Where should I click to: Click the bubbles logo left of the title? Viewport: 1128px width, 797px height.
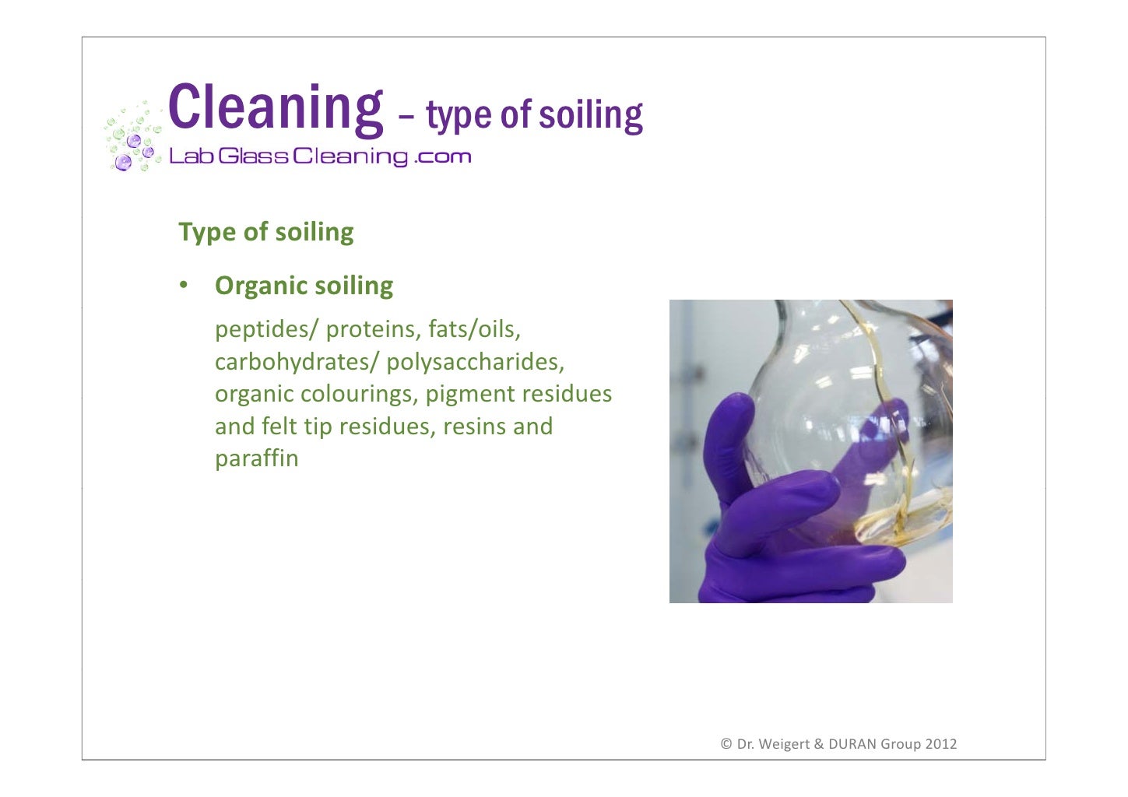(132, 139)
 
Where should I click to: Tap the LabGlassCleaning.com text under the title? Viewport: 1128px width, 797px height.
(320, 156)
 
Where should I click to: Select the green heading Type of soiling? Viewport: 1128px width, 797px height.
(266, 232)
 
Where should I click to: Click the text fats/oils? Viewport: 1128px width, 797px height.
(474, 329)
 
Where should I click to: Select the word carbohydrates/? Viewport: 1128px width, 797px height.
(296, 362)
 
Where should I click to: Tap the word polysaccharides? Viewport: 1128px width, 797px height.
(475, 362)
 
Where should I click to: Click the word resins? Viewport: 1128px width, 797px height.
(475, 427)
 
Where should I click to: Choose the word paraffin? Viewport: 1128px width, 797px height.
(257, 458)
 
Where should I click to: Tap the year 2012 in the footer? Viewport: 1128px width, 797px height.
(940, 744)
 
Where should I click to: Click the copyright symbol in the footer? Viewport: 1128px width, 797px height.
(726, 744)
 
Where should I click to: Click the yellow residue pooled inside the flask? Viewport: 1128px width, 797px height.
(903, 521)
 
